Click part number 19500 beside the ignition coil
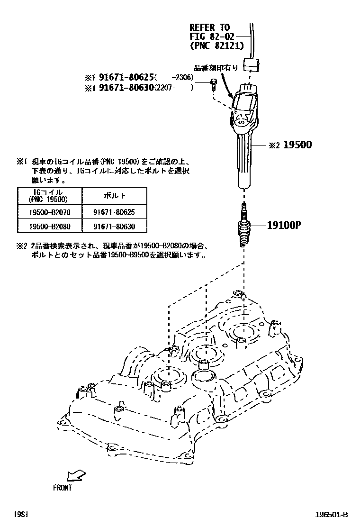point(297,145)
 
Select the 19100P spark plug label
point(284,225)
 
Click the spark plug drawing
point(244,227)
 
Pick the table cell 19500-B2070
point(49,212)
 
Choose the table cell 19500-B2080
point(49,227)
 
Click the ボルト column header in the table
point(115,195)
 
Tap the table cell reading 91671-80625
point(115,212)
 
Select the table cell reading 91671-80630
point(115,227)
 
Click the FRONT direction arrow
point(75,474)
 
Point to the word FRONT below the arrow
point(63,487)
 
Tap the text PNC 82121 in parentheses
point(216,45)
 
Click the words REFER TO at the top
point(209,27)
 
